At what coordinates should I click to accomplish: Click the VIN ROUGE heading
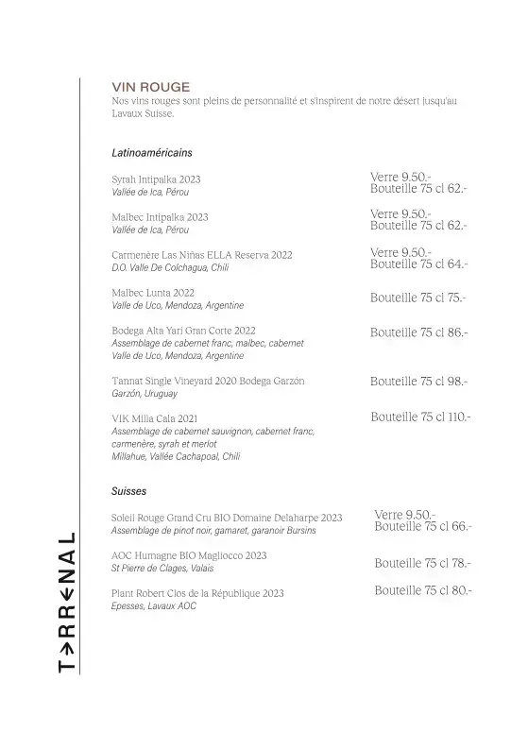click(x=151, y=86)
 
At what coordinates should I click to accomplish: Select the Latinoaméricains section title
click(x=152, y=151)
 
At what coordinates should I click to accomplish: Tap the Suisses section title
click(x=128, y=491)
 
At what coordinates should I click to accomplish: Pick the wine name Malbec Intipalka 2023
click(x=160, y=216)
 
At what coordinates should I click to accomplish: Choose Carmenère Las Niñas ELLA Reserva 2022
click(x=202, y=255)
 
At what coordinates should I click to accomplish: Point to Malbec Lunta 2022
click(x=153, y=293)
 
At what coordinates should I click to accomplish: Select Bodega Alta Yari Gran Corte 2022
click(x=183, y=331)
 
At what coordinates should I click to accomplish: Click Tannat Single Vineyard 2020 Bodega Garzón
click(x=208, y=381)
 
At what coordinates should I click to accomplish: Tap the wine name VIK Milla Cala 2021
click(x=154, y=418)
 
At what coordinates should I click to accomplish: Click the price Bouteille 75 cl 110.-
click(x=420, y=416)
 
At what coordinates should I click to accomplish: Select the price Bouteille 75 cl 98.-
click(x=418, y=381)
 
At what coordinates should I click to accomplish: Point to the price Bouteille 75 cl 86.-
click(x=418, y=332)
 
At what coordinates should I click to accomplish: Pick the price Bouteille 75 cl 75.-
click(x=417, y=298)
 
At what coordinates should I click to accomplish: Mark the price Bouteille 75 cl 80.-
click(x=422, y=590)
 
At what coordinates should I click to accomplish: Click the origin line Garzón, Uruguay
click(x=144, y=393)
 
